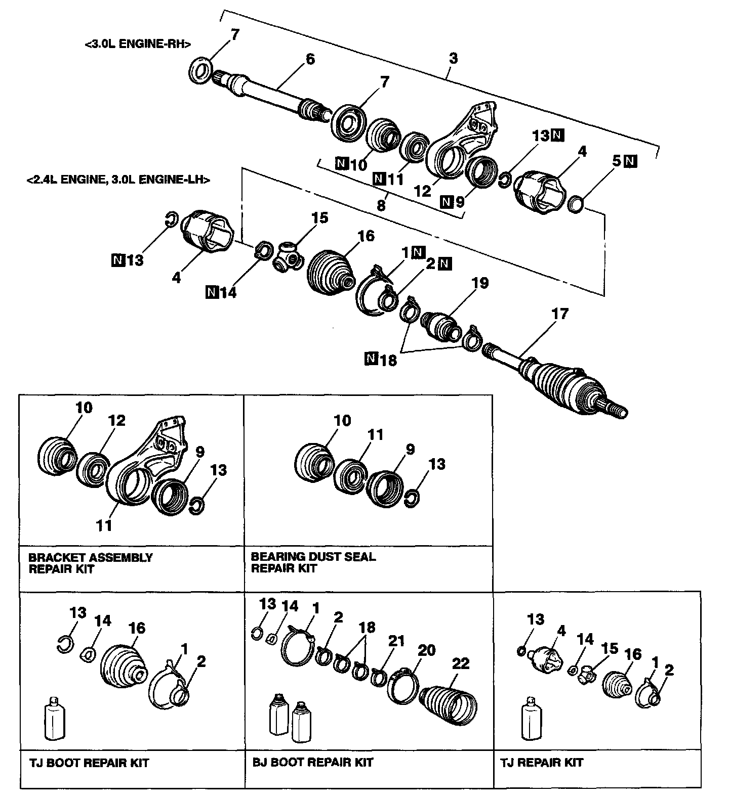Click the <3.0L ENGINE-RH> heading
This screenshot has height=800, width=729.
(x=138, y=44)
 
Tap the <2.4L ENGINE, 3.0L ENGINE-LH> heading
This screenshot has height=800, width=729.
(x=118, y=180)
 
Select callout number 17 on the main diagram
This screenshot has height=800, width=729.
(x=560, y=314)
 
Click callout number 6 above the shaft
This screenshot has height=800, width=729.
(x=310, y=59)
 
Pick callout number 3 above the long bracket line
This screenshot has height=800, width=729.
(x=453, y=58)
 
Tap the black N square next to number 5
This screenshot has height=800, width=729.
(x=631, y=161)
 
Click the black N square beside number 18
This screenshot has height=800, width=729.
(x=371, y=359)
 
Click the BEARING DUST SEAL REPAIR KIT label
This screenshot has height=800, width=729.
(x=313, y=562)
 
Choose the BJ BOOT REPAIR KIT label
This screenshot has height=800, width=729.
(x=313, y=762)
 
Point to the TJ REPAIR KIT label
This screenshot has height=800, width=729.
(x=542, y=762)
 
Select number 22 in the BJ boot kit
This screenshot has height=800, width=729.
(x=461, y=663)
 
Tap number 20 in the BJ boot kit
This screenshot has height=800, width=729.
(x=426, y=650)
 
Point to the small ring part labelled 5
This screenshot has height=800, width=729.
(x=576, y=205)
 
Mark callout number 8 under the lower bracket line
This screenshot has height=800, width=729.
(x=381, y=205)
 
